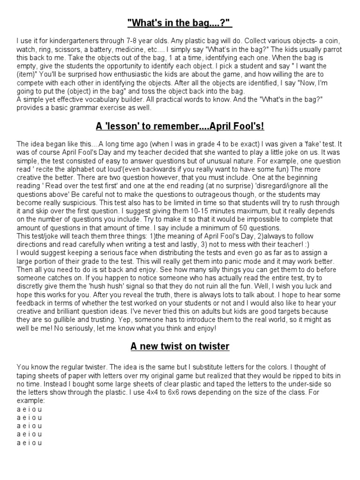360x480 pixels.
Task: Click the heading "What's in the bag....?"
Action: coord(180,23)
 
